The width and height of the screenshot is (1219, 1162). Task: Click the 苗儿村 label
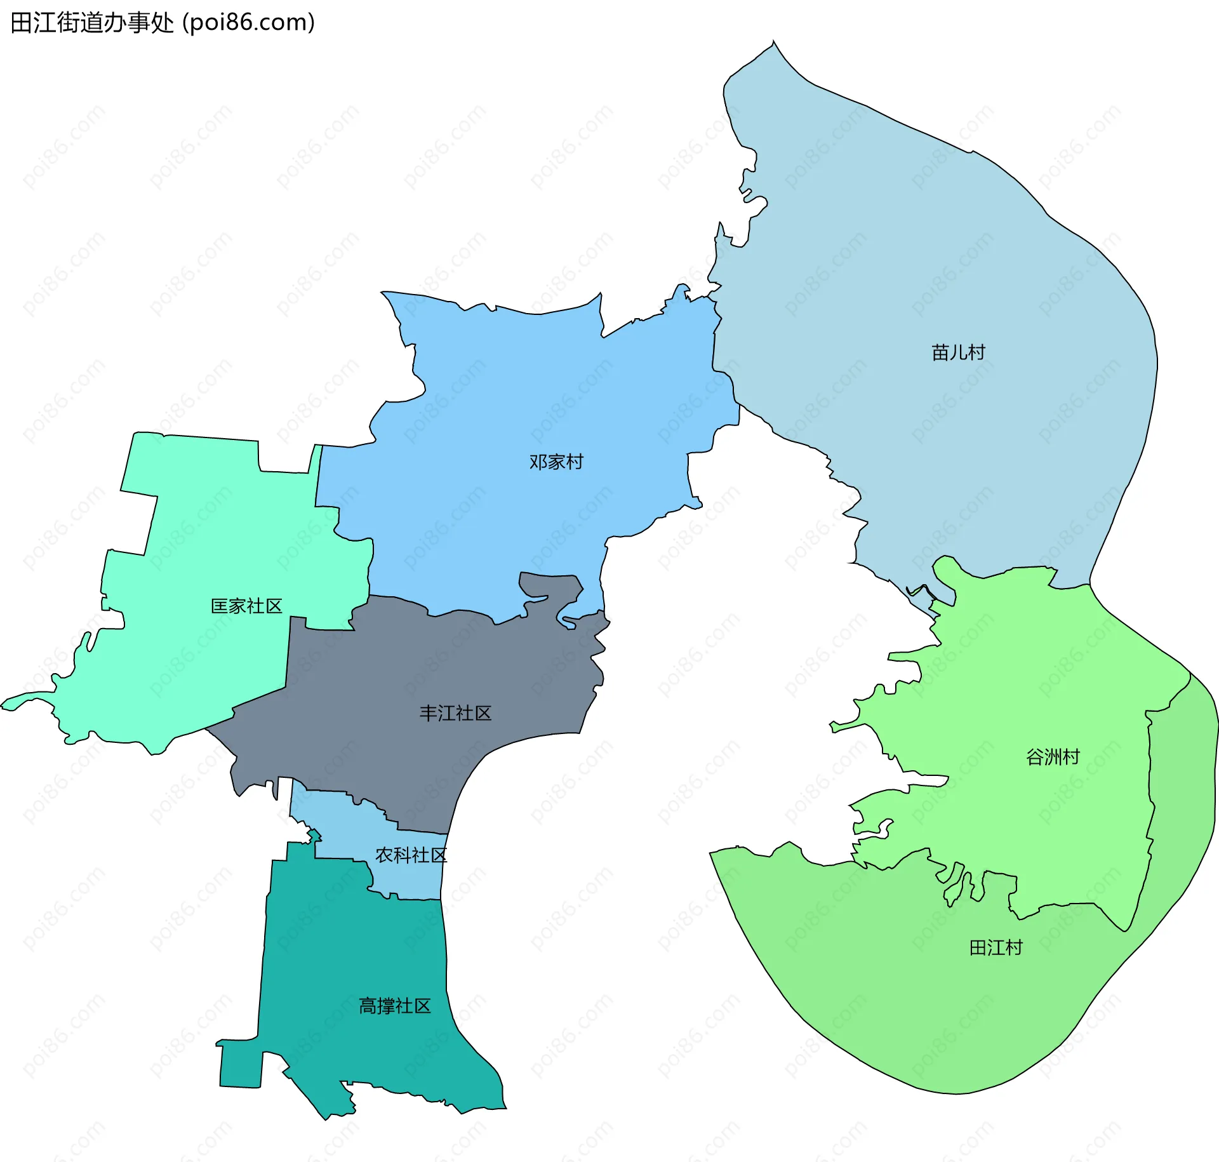click(958, 352)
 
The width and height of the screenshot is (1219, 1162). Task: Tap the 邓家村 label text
click(556, 462)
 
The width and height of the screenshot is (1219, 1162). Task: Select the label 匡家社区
click(246, 606)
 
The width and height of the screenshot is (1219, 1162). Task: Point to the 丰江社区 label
click(455, 713)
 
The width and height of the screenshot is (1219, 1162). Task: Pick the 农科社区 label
click(411, 855)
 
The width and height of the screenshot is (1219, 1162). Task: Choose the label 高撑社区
click(395, 1006)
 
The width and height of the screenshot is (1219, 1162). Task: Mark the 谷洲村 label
click(1053, 757)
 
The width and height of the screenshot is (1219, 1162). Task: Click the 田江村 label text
click(996, 948)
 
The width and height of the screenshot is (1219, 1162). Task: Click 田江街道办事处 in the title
click(92, 23)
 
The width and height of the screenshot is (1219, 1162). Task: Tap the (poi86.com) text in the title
click(249, 23)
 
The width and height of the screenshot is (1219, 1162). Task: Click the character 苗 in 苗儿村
click(940, 352)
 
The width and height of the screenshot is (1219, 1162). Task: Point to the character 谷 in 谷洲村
click(1035, 757)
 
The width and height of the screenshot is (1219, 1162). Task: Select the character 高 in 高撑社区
click(368, 1006)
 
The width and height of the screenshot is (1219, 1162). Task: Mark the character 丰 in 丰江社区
click(429, 713)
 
